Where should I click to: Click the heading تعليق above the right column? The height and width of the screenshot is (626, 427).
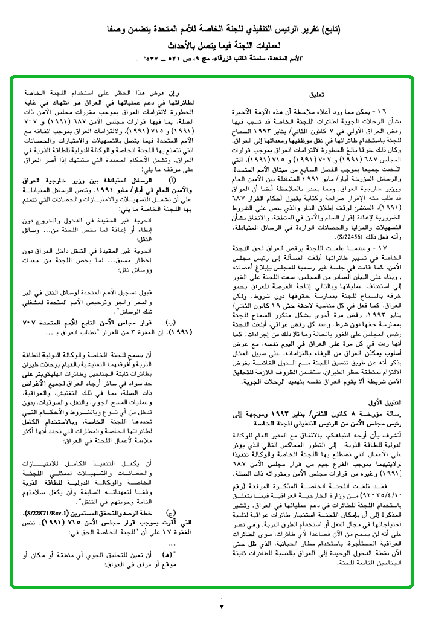[316, 95]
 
